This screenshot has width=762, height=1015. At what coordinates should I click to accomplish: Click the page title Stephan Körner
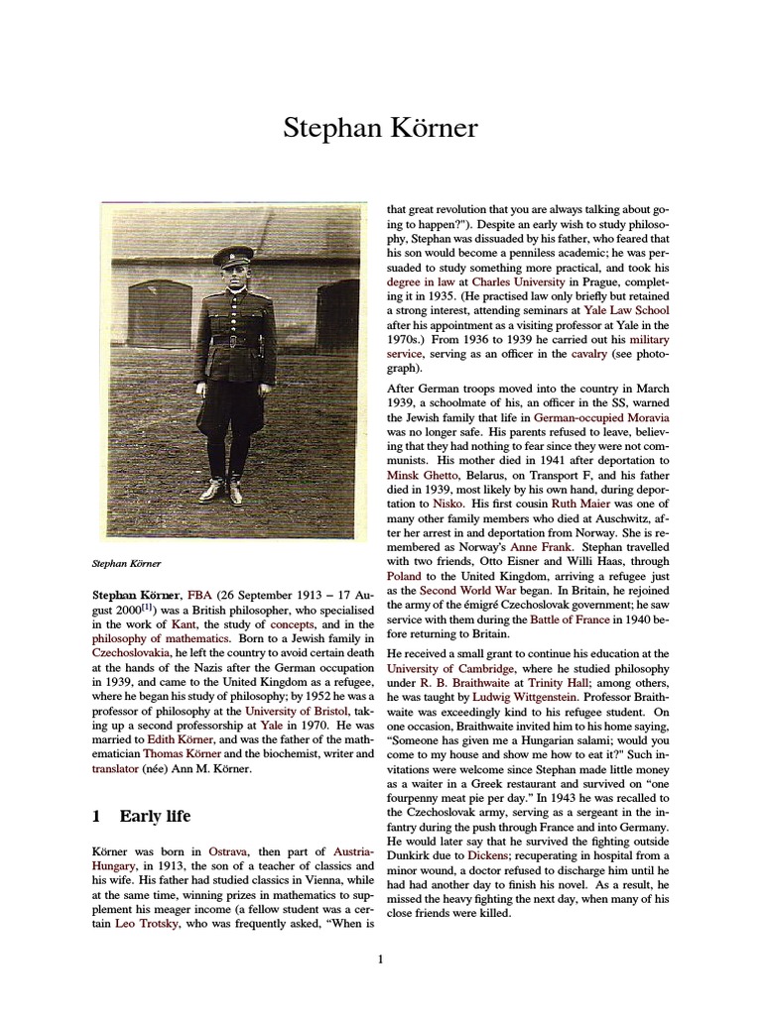380,128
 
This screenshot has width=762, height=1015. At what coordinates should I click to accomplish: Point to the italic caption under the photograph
126,563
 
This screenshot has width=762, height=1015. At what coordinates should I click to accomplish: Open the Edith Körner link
178,738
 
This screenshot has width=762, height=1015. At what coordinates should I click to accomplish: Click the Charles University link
514,282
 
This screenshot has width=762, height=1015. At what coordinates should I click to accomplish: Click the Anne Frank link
543,546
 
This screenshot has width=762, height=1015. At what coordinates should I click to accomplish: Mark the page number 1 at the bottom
380,959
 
